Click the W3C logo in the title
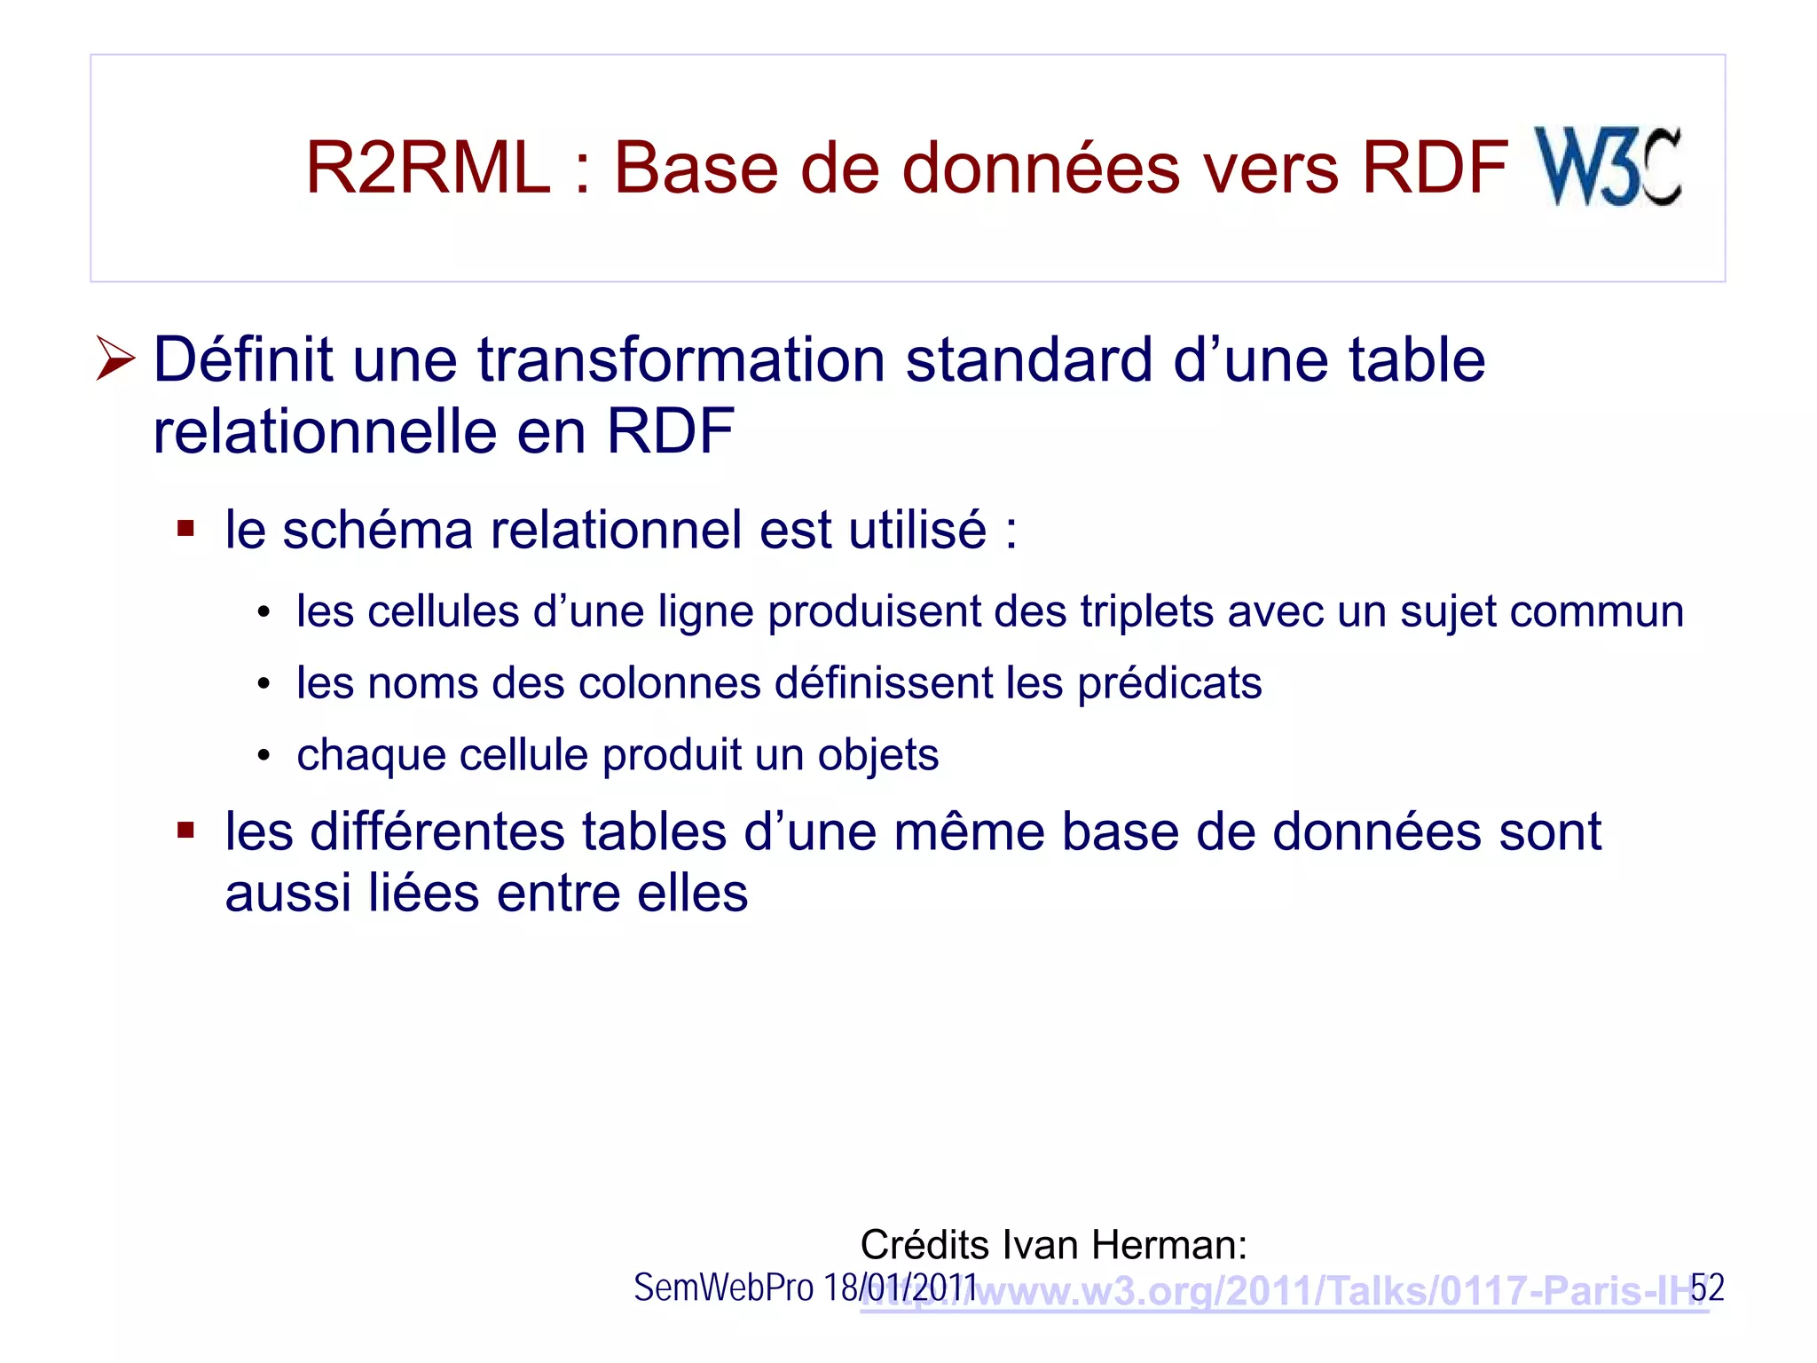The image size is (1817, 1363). click(1607, 167)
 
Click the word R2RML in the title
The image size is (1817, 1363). click(428, 168)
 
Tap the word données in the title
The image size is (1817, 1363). click(1042, 168)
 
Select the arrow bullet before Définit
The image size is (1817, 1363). click(115, 359)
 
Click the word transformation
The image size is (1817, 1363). click(681, 360)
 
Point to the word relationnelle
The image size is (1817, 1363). click(325, 432)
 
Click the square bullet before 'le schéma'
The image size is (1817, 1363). click(185, 530)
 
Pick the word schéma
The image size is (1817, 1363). click(377, 530)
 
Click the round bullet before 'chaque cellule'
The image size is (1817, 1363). click(263, 756)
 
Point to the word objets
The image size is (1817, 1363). click(877, 756)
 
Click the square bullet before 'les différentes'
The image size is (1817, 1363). click(185, 831)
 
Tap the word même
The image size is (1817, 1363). click(969, 832)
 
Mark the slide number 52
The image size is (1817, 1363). click(1706, 1288)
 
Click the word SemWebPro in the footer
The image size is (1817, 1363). click(723, 1288)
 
